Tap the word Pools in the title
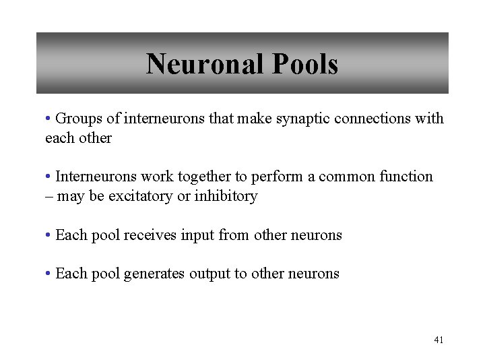click(305, 65)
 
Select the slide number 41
click(439, 340)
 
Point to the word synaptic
click(297, 119)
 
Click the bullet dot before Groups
click(48, 119)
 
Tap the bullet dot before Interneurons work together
click(48, 177)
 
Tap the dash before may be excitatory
click(48, 197)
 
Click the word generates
click(155, 274)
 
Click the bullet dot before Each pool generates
click(48, 274)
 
